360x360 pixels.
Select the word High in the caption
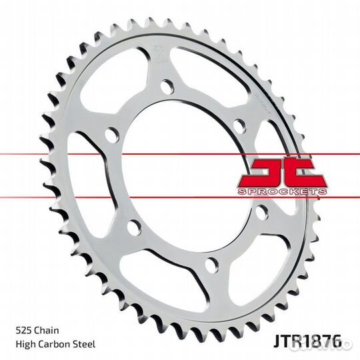[24, 345]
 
